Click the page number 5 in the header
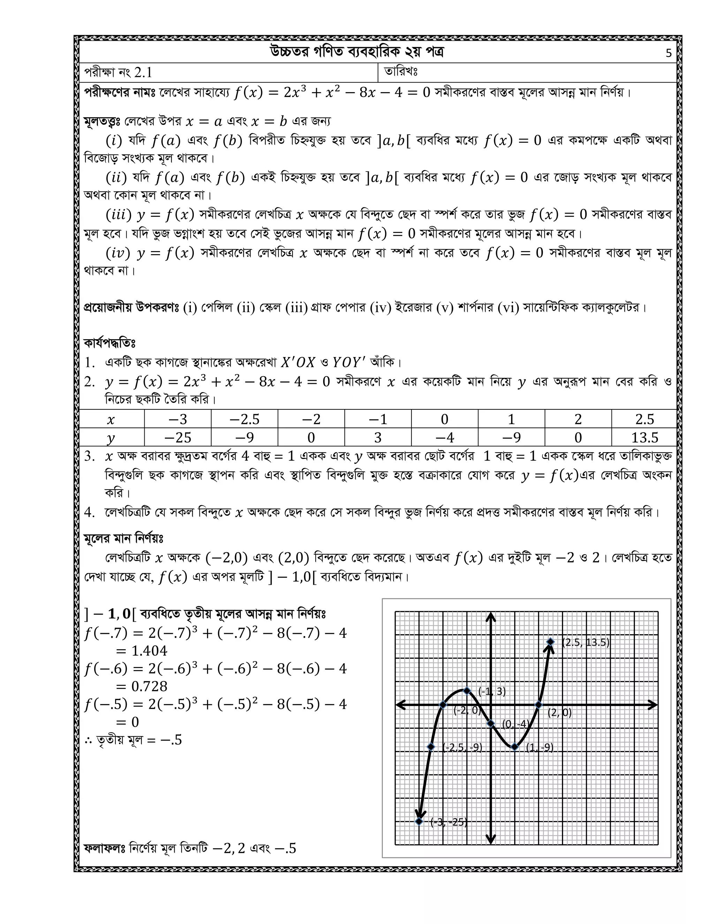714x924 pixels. pos(668,53)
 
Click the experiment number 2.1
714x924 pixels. pos(143,73)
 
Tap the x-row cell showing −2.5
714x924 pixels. pos(244,419)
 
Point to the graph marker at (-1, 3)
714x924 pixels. pos(466,691)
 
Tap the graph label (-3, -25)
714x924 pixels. pos(448,822)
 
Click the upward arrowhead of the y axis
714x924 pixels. pos(490,618)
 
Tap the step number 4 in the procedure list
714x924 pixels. pos(89,512)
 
